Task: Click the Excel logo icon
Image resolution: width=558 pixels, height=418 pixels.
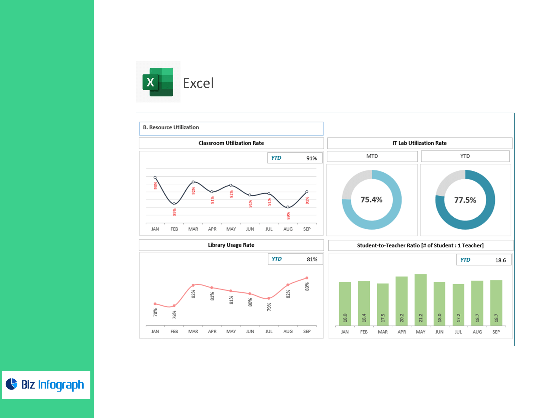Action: click(x=158, y=82)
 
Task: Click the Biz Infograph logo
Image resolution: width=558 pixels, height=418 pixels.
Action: click(x=46, y=385)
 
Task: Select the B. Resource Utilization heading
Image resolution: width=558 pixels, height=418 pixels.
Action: click(x=171, y=127)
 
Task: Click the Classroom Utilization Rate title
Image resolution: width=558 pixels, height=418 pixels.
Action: click(x=231, y=143)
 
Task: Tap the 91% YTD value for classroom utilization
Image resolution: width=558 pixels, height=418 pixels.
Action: click(x=311, y=158)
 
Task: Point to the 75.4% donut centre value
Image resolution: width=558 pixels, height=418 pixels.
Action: click(x=371, y=200)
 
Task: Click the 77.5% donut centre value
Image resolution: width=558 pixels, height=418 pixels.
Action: click(x=465, y=200)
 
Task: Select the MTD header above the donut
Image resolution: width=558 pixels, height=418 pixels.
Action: click(x=372, y=156)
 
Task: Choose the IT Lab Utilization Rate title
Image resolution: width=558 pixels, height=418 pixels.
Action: click(x=419, y=143)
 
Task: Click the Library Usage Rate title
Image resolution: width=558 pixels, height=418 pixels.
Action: click(x=231, y=245)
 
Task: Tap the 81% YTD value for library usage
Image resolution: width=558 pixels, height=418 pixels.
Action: click(x=312, y=259)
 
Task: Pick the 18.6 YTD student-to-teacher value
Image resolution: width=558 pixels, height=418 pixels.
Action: click(x=500, y=260)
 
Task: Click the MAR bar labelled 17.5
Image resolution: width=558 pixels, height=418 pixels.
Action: click(x=383, y=304)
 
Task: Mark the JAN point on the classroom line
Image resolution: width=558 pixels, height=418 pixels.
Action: click(x=155, y=177)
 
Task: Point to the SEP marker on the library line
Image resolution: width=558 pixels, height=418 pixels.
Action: click(x=307, y=278)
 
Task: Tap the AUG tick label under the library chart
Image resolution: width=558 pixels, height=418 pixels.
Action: click(x=288, y=331)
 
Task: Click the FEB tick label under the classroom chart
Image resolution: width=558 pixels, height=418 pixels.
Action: click(x=174, y=229)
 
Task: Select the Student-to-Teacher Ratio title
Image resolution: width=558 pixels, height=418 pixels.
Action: click(x=420, y=245)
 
